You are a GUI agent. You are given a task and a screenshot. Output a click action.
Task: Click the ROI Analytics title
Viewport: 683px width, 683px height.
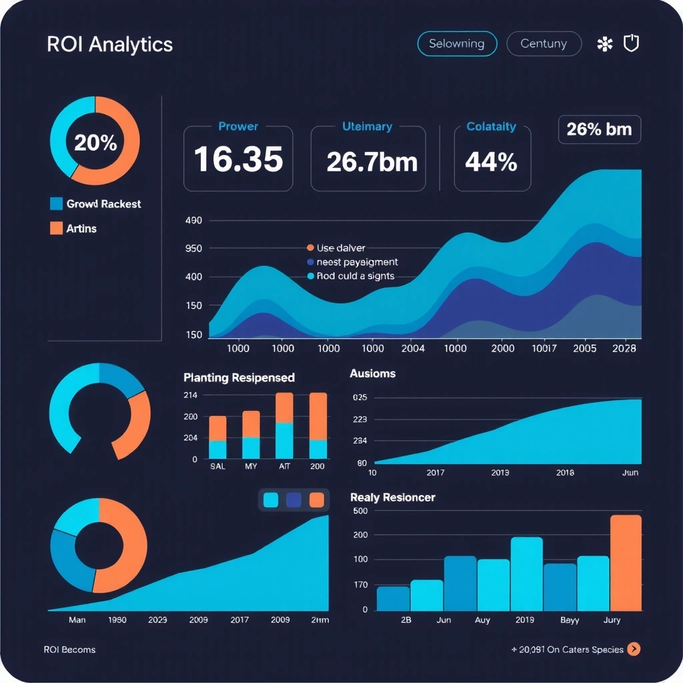point(110,45)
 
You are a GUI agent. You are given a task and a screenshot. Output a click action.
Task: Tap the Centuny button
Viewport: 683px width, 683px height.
point(544,44)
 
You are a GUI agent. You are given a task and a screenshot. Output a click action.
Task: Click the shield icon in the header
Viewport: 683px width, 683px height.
point(630,44)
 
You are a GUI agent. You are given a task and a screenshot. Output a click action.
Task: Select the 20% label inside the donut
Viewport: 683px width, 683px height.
point(95,143)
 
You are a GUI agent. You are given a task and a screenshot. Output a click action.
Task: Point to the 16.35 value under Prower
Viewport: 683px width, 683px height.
point(238,160)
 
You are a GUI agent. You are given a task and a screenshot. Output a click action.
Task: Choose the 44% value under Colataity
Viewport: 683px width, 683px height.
point(492,161)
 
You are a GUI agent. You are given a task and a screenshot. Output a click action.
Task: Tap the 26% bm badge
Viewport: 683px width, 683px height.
point(599,129)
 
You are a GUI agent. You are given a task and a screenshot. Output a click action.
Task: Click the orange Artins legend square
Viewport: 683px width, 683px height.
point(57,228)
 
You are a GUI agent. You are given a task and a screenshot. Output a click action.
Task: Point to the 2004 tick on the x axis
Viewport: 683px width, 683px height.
point(412,348)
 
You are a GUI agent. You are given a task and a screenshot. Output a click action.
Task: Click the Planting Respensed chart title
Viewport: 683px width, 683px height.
point(239,378)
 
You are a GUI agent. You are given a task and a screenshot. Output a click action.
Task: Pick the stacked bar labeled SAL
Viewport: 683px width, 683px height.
point(217,438)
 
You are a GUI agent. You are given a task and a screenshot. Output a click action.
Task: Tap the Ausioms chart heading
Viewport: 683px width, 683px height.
point(373,374)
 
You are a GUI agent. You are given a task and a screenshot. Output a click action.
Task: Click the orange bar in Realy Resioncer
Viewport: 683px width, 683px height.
point(626,563)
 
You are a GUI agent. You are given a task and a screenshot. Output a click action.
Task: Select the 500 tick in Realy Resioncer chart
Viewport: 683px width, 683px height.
point(360,511)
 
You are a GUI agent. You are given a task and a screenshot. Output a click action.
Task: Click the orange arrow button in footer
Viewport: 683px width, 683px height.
point(634,649)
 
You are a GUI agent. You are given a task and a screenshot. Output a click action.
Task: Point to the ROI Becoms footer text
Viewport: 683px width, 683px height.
point(69,650)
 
